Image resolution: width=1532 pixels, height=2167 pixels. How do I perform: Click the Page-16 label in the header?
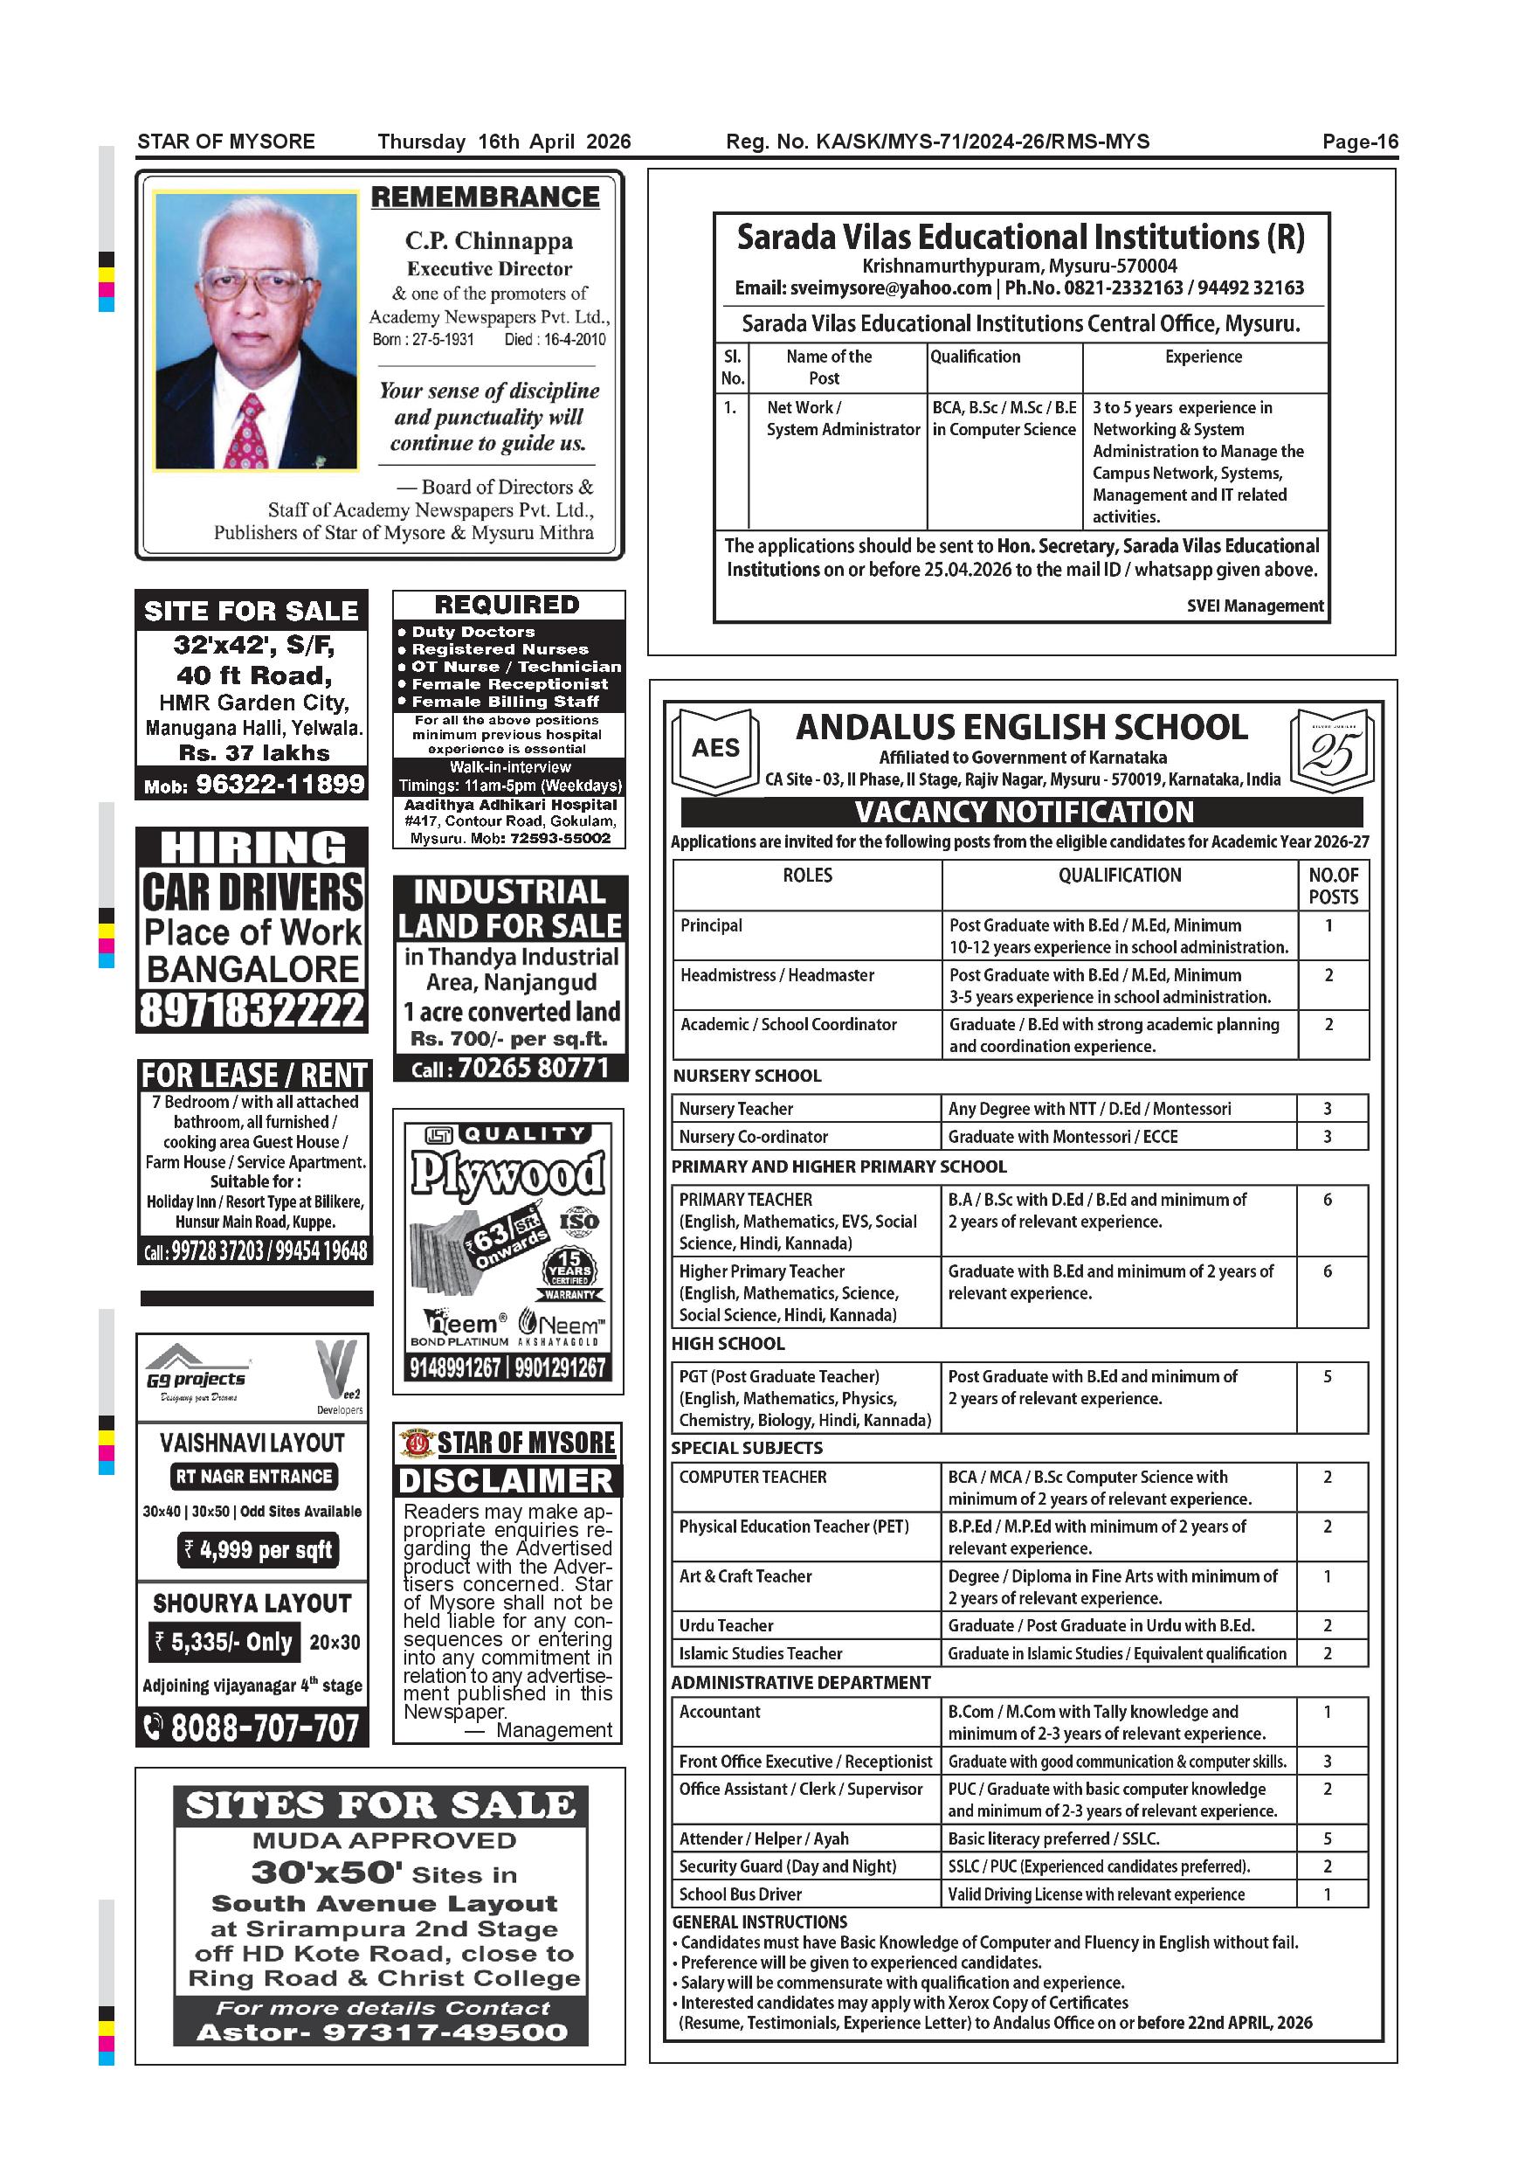[x=1359, y=142]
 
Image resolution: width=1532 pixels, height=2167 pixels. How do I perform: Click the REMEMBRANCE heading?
[x=485, y=197]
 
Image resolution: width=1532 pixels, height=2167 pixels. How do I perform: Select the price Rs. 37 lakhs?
[x=255, y=752]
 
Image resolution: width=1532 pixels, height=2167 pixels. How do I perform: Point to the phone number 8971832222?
[x=252, y=1010]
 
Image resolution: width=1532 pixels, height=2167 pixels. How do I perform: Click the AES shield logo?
[x=716, y=749]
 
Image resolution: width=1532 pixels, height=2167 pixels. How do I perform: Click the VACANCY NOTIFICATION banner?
[x=1024, y=812]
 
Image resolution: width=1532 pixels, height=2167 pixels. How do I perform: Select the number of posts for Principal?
[x=1328, y=926]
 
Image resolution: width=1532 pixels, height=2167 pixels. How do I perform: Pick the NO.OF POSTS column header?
[x=1333, y=885]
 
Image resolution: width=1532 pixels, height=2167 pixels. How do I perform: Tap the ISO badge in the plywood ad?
[x=578, y=1222]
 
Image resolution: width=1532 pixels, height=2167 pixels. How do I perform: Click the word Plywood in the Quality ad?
[x=507, y=1174]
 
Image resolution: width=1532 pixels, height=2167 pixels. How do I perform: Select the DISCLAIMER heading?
[x=507, y=1481]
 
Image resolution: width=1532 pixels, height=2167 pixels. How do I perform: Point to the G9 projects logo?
[x=197, y=1373]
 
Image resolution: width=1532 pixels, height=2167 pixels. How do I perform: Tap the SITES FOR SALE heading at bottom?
[x=380, y=1805]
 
